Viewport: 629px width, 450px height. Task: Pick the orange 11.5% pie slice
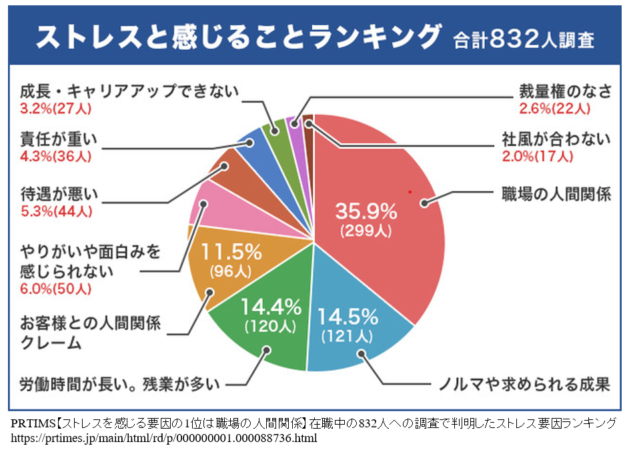(227, 267)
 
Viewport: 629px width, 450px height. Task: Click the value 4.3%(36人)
(56, 157)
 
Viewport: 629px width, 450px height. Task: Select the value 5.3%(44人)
(56, 211)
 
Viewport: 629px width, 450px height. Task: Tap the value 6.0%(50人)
(56, 289)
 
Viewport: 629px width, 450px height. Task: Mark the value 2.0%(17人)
(538, 157)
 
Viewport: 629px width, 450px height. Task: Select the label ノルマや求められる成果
(523, 385)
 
